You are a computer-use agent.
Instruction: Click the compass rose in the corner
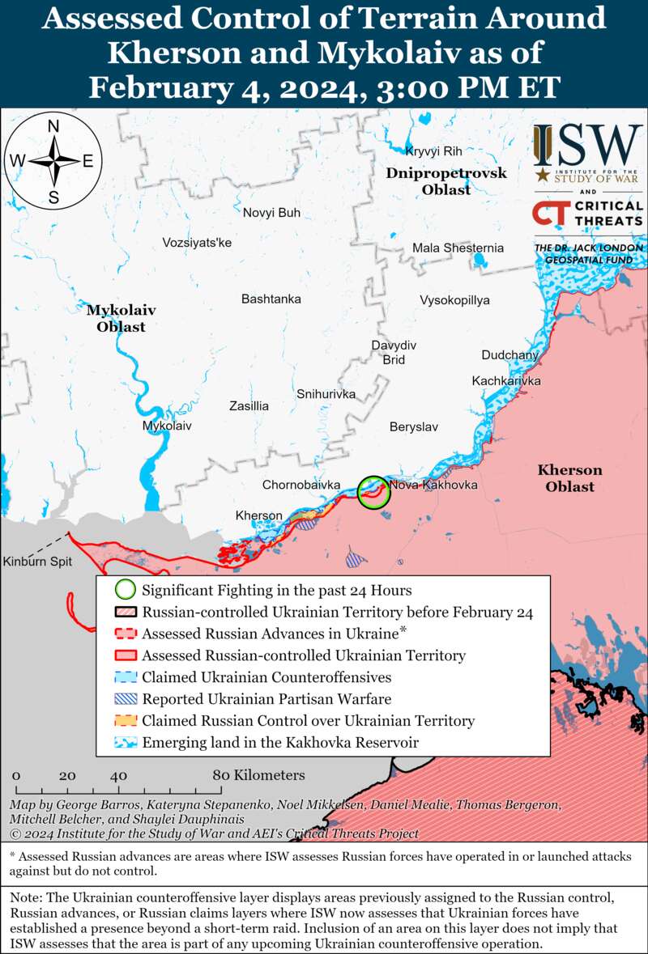pos(53,161)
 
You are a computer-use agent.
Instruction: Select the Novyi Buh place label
pos(271,213)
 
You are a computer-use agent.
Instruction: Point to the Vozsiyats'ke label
pos(197,243)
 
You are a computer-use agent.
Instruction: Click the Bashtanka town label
pos(271,299)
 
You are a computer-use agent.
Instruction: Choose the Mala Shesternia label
pos(458,248)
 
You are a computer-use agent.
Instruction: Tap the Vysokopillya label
pos(454,300)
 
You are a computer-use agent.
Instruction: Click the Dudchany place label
pos(509,355)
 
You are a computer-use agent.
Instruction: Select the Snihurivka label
pos(326,394)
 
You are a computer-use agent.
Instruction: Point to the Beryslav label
pos(414,426)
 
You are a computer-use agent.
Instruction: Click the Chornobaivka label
pos(301,485)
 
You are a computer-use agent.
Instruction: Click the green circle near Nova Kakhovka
pos(373,492)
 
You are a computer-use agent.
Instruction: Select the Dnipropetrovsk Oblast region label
pos(446,181)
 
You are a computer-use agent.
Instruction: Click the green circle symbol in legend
pos(126,591)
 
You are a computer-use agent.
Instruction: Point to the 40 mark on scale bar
pos(120,775)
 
